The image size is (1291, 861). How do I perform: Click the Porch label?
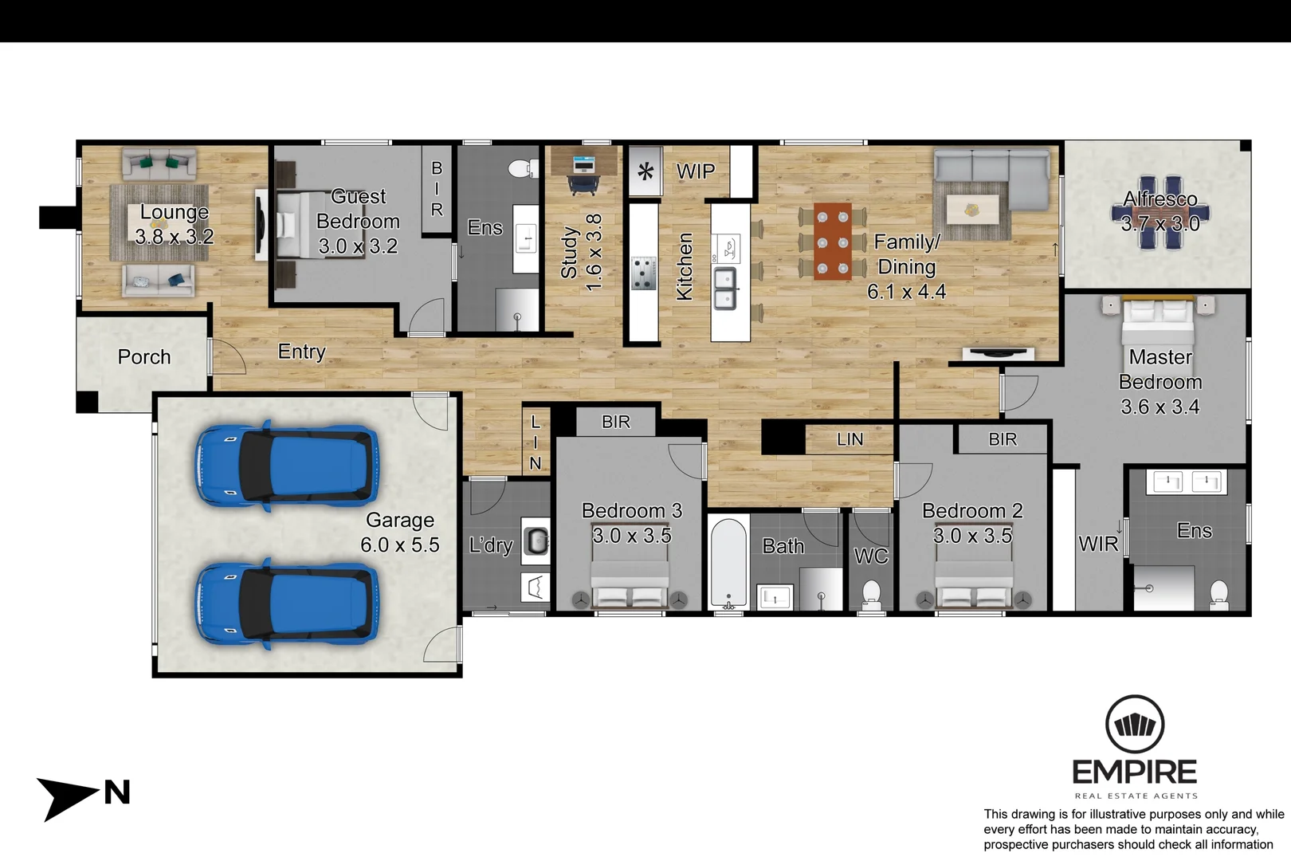144,357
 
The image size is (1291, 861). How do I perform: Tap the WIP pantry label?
695,171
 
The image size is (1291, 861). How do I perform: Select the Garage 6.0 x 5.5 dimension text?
399,545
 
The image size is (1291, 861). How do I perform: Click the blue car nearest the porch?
287,466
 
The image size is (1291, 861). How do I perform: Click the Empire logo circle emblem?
1134,725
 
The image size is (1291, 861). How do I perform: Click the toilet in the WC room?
871,593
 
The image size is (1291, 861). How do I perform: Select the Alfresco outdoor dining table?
1160,213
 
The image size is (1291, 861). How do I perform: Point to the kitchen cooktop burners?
644,273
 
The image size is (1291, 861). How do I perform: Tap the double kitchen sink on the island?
724,289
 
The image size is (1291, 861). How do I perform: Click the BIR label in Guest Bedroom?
437,189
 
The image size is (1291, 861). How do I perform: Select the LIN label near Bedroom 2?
850,439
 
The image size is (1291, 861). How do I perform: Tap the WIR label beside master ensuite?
1098,544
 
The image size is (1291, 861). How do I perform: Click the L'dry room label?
490,545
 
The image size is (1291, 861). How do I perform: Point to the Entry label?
301,352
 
